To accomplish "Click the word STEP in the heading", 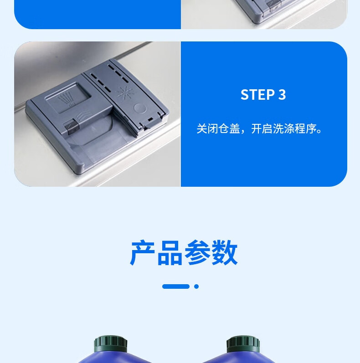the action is [257, 95].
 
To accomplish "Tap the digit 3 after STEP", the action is [282, 95].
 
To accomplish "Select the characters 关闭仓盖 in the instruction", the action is [218, 129].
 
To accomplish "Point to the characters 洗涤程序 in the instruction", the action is [294, 129].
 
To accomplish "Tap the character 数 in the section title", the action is [225, 253].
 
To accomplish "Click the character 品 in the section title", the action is [170, 253].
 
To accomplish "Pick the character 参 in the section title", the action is [197, 253].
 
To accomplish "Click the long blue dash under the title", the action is [176, 286].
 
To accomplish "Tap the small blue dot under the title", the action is [196, 286].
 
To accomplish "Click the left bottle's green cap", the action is [110, 344].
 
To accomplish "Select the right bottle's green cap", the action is [243, 344].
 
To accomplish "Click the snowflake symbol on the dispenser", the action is [125, 92].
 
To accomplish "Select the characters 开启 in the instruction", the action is [262, 129].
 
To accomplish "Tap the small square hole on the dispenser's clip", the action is [150, 119].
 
